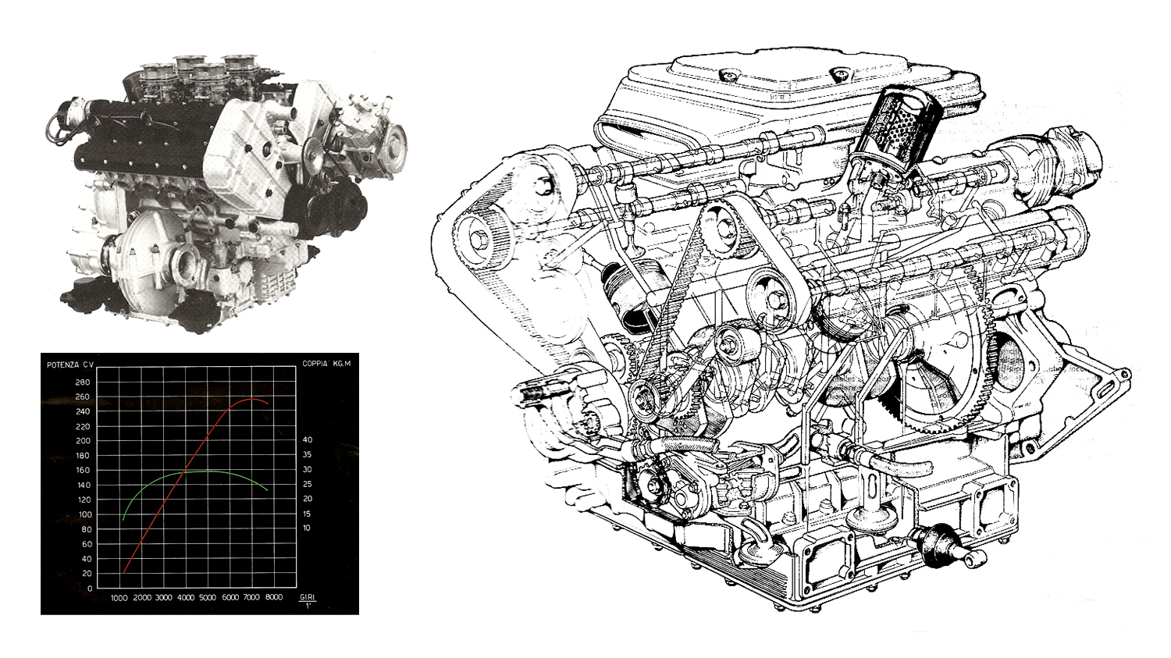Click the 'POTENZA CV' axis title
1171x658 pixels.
coord(70,365)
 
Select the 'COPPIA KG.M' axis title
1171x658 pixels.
coord(326,364)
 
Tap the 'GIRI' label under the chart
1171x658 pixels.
coord(308,597)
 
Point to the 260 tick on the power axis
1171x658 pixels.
coord(83,397)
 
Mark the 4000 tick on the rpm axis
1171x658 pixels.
coord(185,599)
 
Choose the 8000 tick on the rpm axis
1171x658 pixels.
coord(272,599)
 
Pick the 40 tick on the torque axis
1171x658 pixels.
coord(307,440)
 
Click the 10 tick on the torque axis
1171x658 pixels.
coord(307,528)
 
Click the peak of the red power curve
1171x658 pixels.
coord(251,400)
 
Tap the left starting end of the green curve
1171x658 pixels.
coord(123,519)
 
